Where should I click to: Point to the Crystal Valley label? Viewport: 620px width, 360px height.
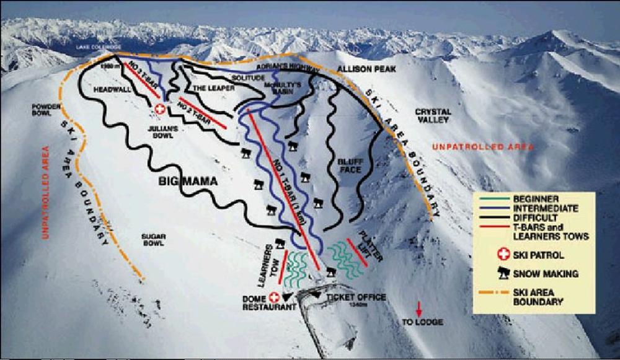(433, 116)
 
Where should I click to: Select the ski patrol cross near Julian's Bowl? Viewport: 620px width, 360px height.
(160, 110)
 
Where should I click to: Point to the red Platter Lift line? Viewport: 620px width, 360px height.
(357, 253)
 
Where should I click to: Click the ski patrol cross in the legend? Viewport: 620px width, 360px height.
(503, 253)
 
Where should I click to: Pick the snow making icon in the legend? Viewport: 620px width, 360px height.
(503, 273)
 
